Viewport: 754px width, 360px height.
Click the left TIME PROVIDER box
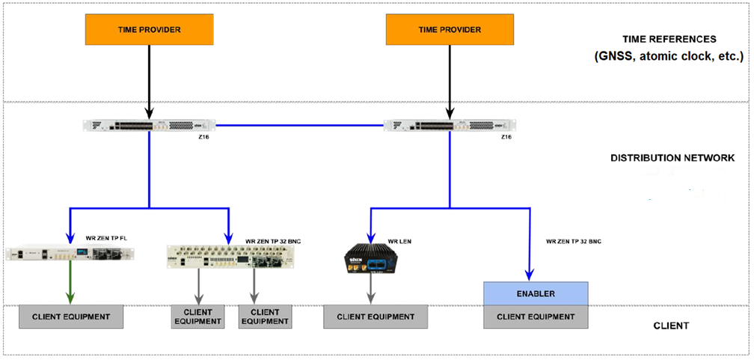pos(150,29)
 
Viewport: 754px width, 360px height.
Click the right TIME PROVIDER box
pos(449,29)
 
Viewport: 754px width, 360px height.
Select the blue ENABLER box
pos(536,293)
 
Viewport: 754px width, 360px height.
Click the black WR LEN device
pos(371,258)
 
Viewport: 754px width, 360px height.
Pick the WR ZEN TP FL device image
pos(70,254)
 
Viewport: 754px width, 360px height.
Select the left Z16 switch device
pos(149,125)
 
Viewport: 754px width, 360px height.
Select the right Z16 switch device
pos(449,125)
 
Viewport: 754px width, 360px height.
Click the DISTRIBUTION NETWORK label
pos(672,158)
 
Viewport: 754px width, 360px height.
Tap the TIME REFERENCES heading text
pos(669,39)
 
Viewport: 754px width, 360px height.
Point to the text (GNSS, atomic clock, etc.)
pos(669,56)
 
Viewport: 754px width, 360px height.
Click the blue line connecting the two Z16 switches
pos(299,125)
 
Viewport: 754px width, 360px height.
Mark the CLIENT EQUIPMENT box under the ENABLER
pos(536,317)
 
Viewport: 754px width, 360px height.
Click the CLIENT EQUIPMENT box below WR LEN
pos(376,317)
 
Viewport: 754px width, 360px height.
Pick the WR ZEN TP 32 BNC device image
pos(229,255)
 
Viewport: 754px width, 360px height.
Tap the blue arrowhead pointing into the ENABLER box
pos(530,275)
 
